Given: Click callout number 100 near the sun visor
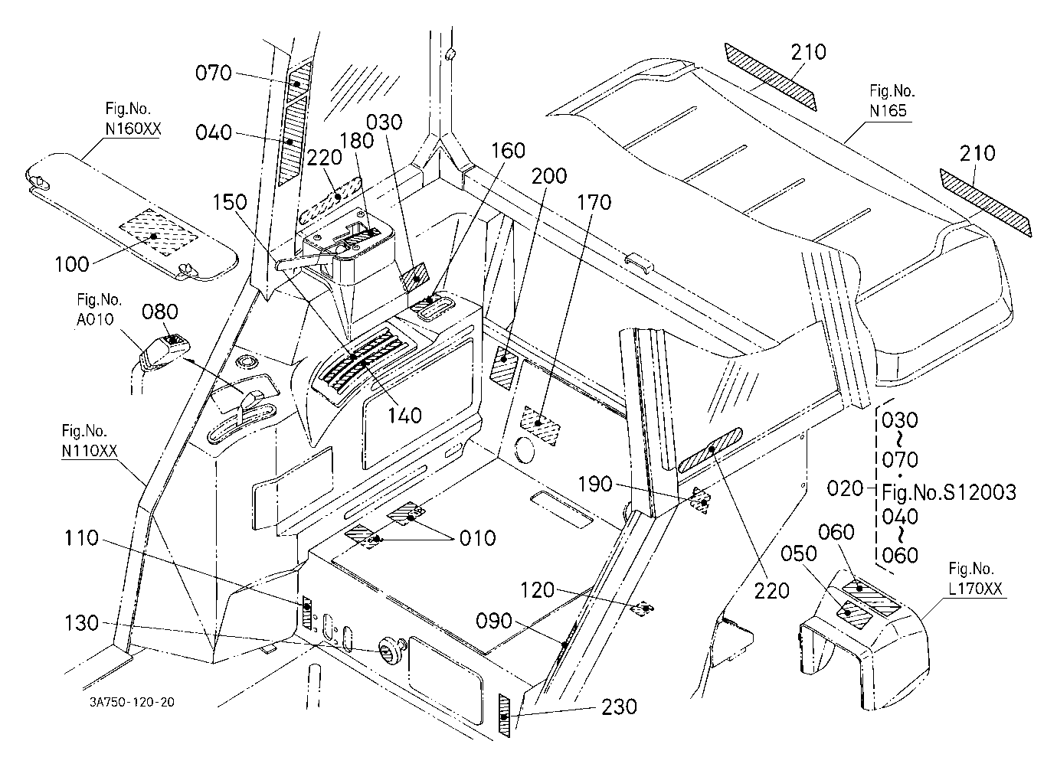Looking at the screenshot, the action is [x=72, y=264].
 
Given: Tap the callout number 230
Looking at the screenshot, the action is [x=619, y=707].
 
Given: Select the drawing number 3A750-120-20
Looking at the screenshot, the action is [x=132, y=702].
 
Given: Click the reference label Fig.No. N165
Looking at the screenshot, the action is [x=892, y=100].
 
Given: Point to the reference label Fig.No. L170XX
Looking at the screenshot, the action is [x=975, y=579].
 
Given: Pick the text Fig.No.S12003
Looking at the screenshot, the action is [x=949, y=492].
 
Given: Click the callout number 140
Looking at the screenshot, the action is [x=404, y=416].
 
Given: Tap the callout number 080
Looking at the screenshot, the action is [x=160, y=312].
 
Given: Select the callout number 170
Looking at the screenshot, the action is [x=594, y=202].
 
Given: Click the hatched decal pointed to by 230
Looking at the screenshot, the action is [x=505, y=716].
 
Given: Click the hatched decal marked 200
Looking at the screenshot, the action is [x=503, y=367].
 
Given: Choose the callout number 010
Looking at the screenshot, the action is [x=477, y=538].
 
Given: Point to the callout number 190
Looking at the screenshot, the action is [x=595, y=484].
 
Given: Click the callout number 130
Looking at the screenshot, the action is [x=82, y=623].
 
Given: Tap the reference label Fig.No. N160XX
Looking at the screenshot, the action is [x=133, y=119].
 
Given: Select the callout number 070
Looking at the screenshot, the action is [x=214, y=73].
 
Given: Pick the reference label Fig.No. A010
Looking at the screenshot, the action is [x=99, y=309].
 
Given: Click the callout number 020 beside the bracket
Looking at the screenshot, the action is [x=845, y=488].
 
